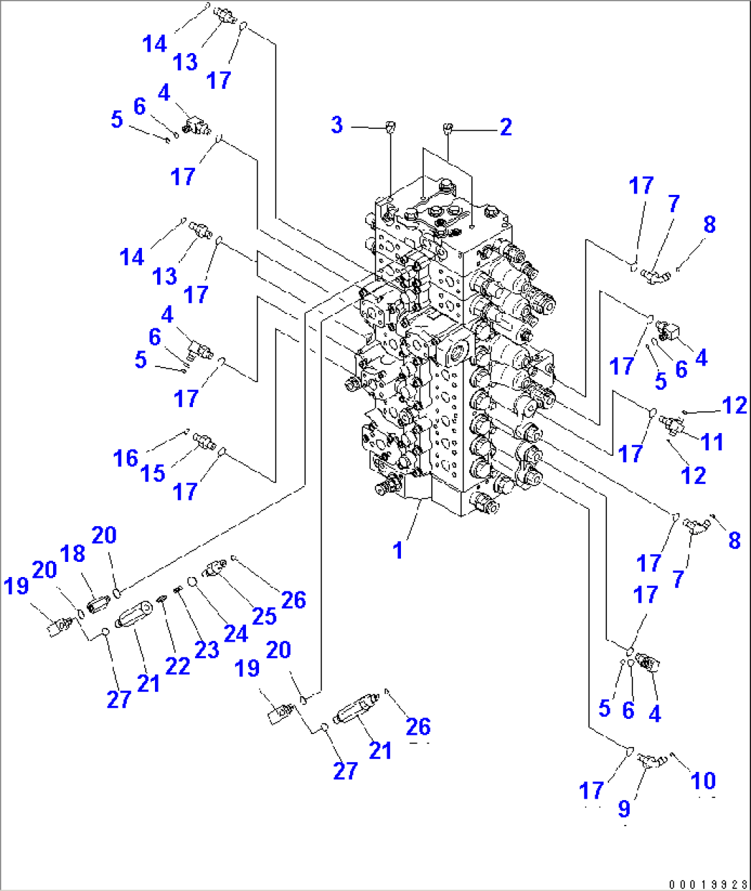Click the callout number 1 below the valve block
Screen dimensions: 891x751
tap(398, 550)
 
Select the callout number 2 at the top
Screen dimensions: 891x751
tap(506, 127)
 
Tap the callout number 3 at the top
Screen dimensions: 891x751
tap(337, 125)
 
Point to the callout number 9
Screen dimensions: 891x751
tap(624, 809)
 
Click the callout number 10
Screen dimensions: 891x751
tap(703, 782)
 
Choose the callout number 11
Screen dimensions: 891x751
tap(712, 442)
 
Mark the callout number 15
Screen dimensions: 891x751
tap(153, 474)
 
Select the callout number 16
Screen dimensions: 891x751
tap(125, 459)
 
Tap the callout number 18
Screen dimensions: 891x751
tap(72, 554)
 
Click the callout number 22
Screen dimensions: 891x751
tap(177, 666)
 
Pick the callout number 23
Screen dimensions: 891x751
tap(207, 649)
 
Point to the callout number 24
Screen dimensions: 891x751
tap(236, 633)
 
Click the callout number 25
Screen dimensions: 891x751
tap(264, 616)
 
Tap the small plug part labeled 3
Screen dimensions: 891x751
tap(390, 127)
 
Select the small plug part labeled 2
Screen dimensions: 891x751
tap(447, 127)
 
